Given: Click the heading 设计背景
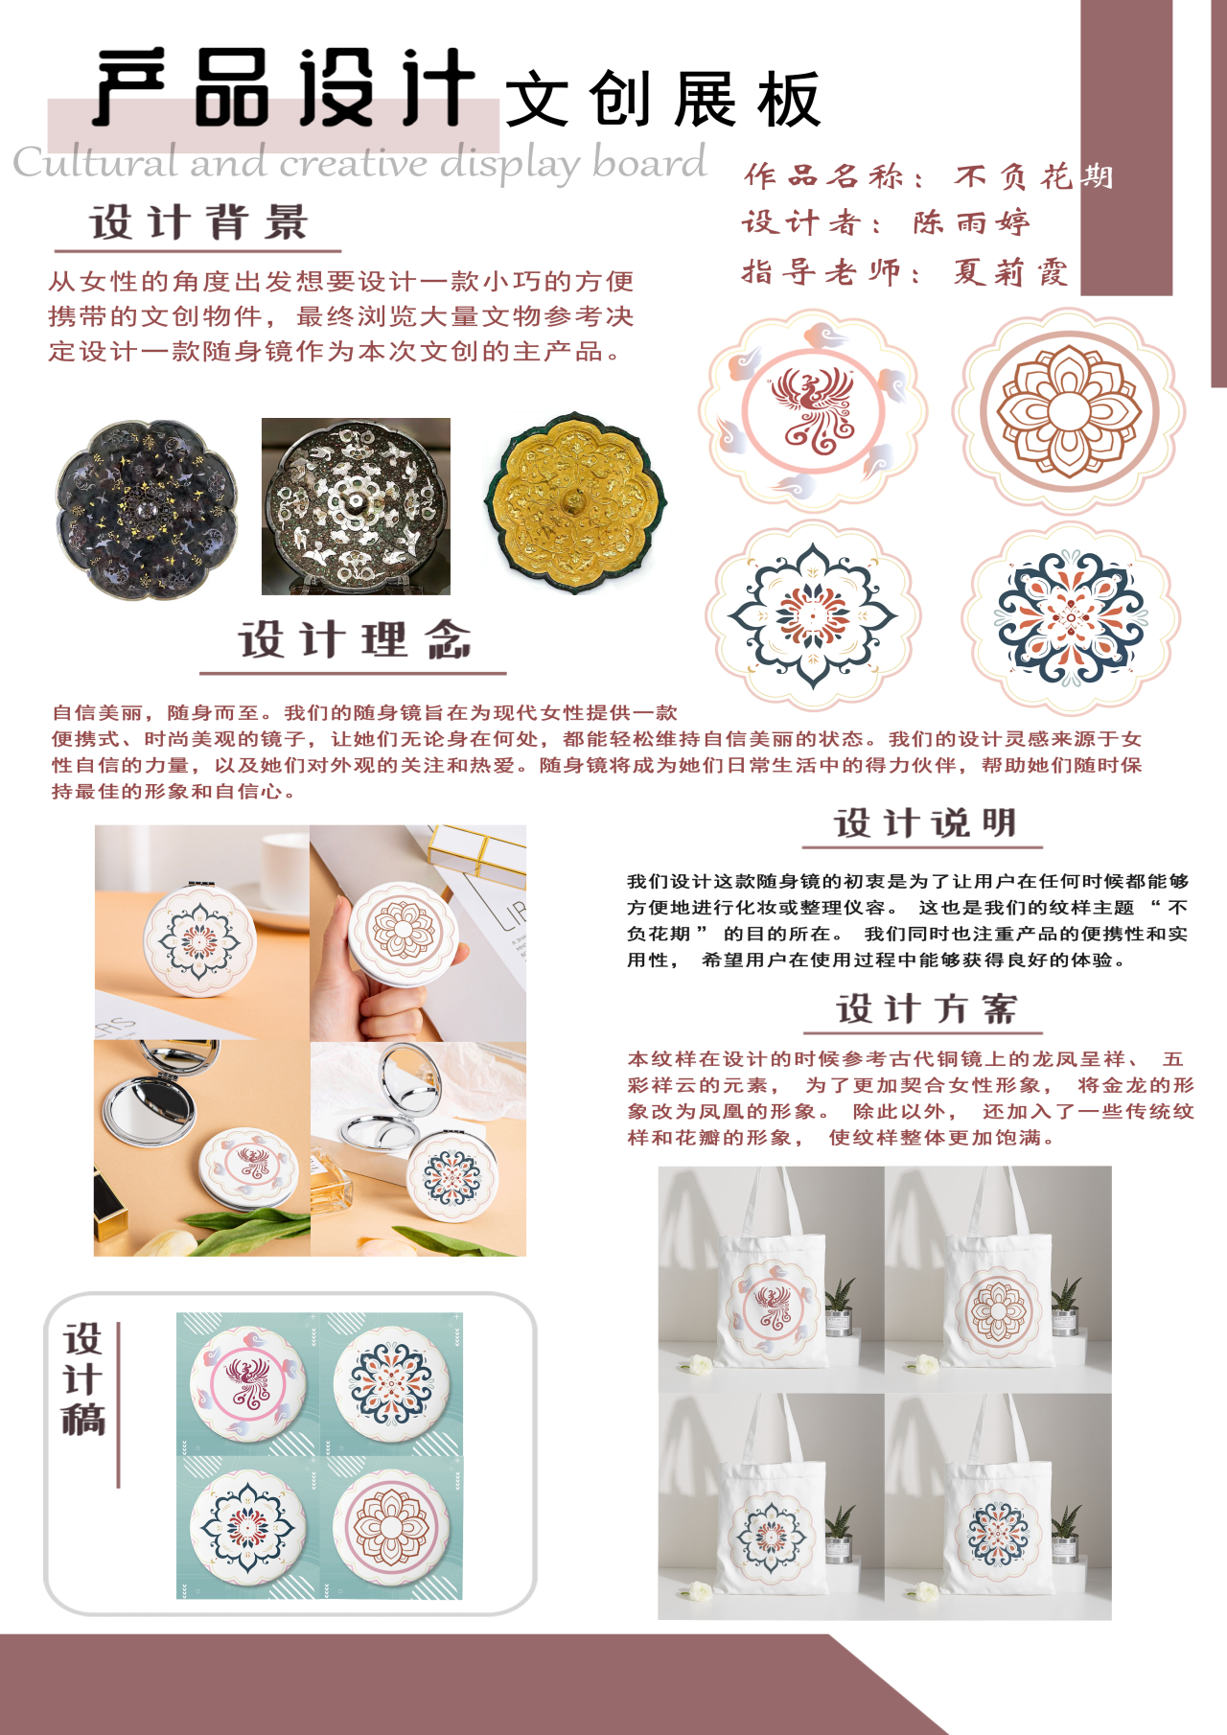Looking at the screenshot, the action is [198, 222].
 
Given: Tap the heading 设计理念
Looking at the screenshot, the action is [355, 639].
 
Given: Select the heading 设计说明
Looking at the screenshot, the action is [925, 822].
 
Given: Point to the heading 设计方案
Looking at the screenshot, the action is [926, 1008].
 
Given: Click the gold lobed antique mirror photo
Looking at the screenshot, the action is [576, 503].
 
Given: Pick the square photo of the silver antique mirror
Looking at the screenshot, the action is [356, 506].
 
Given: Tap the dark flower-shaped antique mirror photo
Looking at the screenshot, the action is [146, 509].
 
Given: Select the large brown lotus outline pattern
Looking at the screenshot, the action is [1068, 411].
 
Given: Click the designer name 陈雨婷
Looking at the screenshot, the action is [971, 222].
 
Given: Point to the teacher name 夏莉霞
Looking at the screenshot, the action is [1010, 272].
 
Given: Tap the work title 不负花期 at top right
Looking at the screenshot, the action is [1033, 176].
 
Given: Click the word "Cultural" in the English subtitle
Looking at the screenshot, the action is [96, 162].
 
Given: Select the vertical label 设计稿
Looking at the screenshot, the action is [83, 1379].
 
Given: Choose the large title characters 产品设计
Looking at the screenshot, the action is [285, 88].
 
